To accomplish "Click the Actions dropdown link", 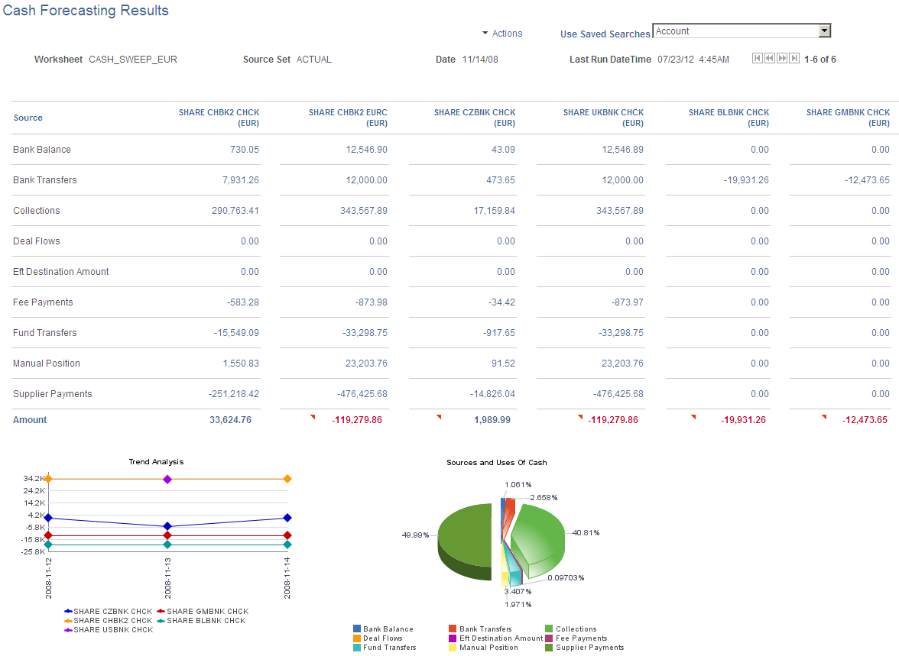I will [506, 34].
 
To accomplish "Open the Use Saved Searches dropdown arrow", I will [824, 31].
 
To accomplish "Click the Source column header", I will [28, 118].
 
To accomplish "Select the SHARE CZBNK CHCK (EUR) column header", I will [474, 118].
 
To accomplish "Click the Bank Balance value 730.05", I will [244, 150].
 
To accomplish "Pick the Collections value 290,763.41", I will [235, 211].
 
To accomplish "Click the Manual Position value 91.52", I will [503, 364].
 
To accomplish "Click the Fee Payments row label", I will [43, 302].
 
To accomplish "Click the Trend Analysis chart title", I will [157, 462].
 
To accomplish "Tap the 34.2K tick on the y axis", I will [34, 479].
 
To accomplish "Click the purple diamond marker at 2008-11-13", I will [167, 479].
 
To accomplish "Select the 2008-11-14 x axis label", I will [287, 577].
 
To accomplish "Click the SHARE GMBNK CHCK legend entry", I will [207, 612].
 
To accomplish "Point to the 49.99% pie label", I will [415, 535].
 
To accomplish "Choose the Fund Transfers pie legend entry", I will [389, 648].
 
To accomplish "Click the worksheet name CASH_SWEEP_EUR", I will [133, 59].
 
